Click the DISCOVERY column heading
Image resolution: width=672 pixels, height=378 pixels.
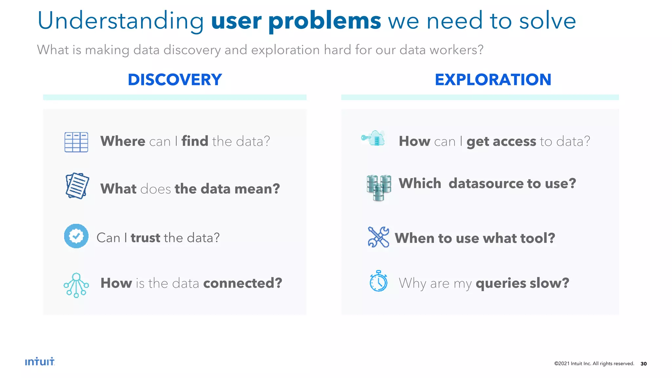tap(175, 80)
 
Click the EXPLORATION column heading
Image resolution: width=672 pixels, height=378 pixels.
tap(493, 80)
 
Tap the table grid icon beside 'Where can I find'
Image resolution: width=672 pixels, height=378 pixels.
tap(76, 142)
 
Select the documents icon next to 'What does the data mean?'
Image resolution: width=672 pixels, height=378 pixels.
tap(77, 186)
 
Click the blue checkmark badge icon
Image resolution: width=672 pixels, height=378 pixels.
tap(76, 236)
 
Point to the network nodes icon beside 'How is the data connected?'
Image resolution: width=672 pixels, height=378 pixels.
tap(76, 285)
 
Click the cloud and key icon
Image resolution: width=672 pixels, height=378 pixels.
tap(373, 138)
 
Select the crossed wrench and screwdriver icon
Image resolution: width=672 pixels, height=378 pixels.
tap(378, 237)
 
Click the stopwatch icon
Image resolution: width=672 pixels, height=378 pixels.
tap(378, 281)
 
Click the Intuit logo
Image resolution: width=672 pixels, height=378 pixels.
tap(40, 362)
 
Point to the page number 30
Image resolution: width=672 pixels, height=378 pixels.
tap(643, 364)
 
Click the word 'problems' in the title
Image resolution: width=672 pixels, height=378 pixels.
tap(325, 21)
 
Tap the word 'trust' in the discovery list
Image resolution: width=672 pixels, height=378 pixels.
tap(145, 238)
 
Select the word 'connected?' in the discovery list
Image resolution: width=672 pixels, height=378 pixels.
tap(242, 283)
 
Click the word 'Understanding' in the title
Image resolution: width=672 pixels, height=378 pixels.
tap(120, 21)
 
